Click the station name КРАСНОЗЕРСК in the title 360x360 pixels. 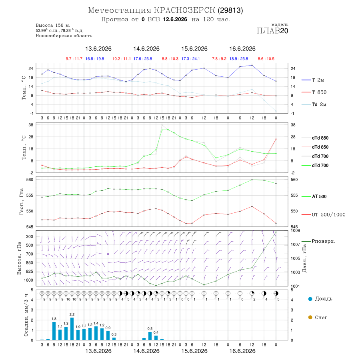point(184,10)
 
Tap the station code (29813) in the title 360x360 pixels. point(230,10)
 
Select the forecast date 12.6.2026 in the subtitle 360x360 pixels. point(175,19)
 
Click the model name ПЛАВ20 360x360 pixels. point(272,30)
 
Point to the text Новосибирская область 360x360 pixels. point(64,36)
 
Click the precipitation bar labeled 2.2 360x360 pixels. point(72,329)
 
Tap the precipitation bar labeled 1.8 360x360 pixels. point(54,331)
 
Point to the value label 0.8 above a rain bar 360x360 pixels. point(150,328)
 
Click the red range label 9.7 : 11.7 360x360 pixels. point(74,59)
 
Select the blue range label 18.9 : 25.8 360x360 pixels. point(239,59)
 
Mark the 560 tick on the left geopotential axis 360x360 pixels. point(30,180)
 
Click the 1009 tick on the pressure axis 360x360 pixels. point(296,230)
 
